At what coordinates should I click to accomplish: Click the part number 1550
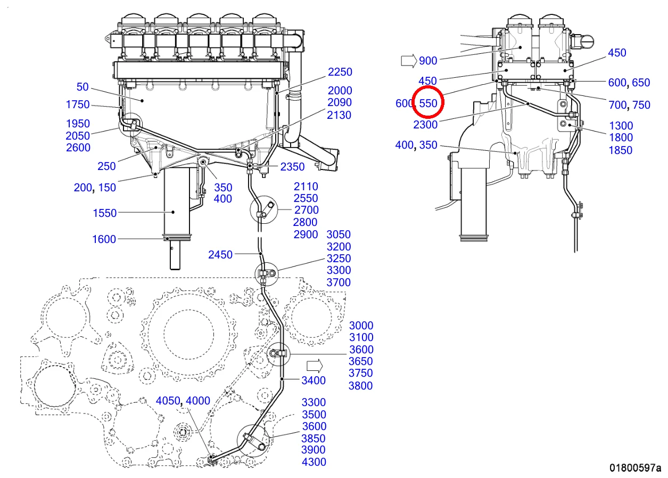104,213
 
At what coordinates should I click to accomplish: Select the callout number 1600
104,239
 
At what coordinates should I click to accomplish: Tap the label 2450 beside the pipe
220,255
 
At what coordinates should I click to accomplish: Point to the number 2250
340,72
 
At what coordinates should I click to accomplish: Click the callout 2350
293,167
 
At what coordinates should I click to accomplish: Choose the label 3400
314,380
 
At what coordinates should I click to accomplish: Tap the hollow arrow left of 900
408,61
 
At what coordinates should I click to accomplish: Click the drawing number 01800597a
635,468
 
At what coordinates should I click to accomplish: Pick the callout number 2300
425,125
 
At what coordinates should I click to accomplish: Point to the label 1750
78,104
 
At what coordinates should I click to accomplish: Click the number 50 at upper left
83,87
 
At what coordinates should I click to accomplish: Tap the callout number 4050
168,401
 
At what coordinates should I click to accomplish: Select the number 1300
621,126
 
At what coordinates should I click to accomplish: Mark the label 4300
314,462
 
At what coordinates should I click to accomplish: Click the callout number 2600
78,148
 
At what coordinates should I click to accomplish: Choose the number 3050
339,234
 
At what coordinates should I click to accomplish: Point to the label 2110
306,187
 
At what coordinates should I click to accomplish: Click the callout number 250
106,167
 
